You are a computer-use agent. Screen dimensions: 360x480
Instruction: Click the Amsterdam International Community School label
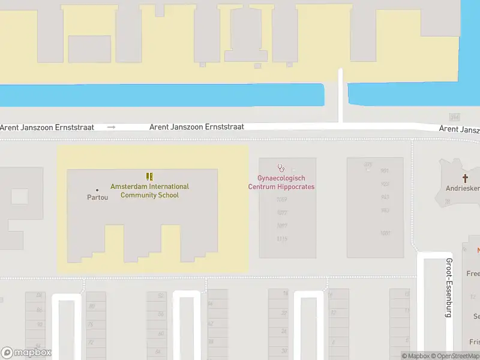tap(149, 191)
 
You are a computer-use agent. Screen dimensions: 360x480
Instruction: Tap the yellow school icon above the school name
tap(149, 176)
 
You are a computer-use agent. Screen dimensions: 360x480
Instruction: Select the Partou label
tap(97, 197)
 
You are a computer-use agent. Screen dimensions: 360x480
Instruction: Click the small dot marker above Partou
tap(97, 190)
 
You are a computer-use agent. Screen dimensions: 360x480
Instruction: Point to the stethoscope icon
tap(281, 169)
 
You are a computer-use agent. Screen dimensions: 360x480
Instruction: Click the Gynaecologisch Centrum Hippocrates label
tap(281, 182)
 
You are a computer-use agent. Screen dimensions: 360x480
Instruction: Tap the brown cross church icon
tap(465, 178)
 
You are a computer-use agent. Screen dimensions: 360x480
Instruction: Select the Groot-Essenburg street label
tap(448, 287)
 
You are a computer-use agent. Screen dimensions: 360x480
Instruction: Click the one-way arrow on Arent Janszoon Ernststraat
tap(111, 127)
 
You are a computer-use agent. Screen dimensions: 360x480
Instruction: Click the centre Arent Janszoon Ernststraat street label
tap(196, 127)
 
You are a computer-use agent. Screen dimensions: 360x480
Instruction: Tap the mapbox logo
tap(26, 353)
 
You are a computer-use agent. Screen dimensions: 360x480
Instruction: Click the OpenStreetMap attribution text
tap(454, 356)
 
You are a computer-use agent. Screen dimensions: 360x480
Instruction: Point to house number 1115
tap(282, 239)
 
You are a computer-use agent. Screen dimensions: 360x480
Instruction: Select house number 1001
tap(385, 233)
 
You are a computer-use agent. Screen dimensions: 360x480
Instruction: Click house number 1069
tap(282, 199)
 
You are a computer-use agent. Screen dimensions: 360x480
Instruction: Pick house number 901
tap(385, 170)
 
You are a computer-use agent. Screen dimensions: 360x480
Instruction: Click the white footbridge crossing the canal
tap(341, 96)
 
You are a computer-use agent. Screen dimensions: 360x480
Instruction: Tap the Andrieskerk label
tap(463, 188)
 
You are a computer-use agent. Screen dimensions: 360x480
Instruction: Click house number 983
tap(385, 210)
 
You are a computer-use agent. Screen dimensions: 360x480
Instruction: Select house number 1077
tap(282, 212)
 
